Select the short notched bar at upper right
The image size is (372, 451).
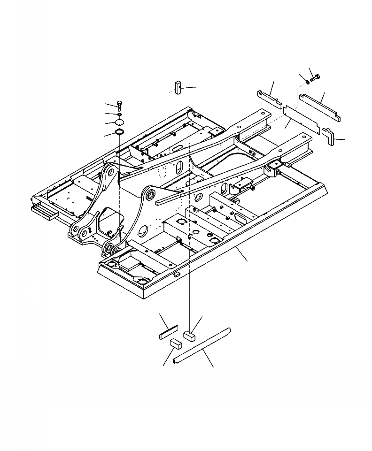point(269,97)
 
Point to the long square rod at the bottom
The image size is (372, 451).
point(202,345)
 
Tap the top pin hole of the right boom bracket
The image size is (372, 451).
point(151,193)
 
